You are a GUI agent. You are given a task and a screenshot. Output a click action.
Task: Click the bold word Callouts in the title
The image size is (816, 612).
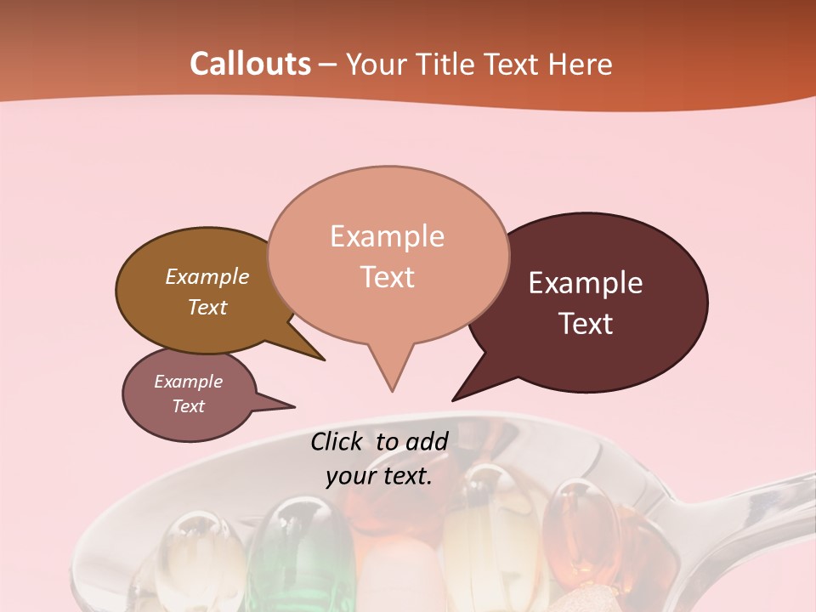(x=250, y=64)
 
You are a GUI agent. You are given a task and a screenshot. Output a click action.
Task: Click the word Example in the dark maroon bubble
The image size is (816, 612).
(x=586, y=283)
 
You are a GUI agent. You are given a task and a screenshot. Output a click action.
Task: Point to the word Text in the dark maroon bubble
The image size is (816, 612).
(x=586, y=324)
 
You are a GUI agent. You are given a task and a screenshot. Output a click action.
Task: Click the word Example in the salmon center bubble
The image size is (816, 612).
(x=387, y=236)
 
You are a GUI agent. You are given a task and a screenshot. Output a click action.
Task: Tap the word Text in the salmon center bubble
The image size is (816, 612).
(x=387, y=277)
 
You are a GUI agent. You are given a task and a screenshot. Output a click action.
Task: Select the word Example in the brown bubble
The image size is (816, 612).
(x=207, y=277)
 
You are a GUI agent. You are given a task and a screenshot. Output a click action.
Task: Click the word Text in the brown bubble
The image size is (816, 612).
(x=207, y=307)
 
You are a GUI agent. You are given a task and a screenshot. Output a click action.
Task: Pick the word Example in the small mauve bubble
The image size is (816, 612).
(x=188, y=382)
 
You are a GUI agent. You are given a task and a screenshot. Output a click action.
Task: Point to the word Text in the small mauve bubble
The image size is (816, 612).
(x=188, y=406)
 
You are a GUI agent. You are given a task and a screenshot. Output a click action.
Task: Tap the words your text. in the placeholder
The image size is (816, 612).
(x=379, y=476)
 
